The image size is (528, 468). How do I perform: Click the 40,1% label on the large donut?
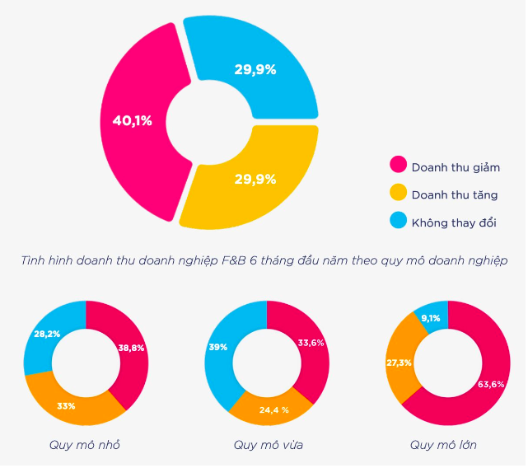132,121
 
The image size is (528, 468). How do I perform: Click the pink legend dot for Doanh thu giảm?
398,166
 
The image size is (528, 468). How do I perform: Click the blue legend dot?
398,221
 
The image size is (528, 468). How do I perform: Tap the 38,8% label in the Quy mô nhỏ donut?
131,348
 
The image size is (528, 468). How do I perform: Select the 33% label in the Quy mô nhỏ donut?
66,405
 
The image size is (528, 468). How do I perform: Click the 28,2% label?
46,334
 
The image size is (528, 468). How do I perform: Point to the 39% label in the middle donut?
218,348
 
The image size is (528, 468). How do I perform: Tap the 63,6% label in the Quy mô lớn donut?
491,384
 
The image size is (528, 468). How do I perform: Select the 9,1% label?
432,318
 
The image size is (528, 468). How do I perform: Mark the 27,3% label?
399,363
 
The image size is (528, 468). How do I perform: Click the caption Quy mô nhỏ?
84,446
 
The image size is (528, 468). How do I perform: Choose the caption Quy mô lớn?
443,446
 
